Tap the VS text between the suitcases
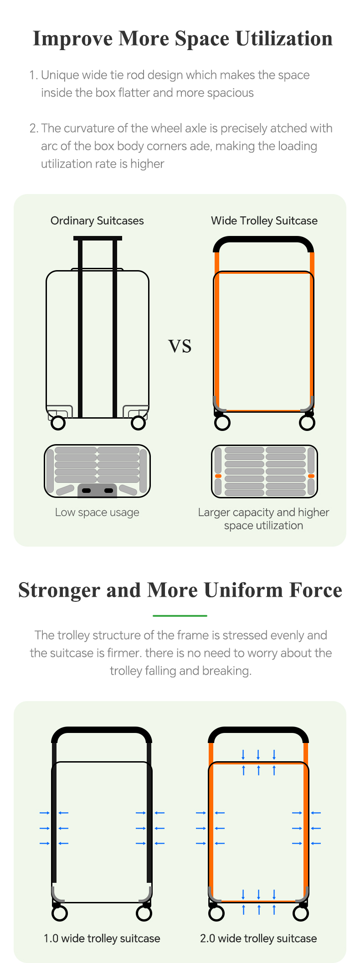[x=180, y=346]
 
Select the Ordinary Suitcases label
[x=97, y=221]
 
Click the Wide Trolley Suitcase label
[x=264, y=221]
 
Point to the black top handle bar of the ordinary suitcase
[x=98, y=238]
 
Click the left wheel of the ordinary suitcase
[x=58, y=423]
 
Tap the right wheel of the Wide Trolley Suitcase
[x=307, y=423]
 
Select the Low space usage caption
[x=97, y=512]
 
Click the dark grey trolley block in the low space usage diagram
[x=98, y=490]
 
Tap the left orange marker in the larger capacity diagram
[x=218, y=476]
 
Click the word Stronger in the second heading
[x=59, y=590]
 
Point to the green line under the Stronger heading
[x=180, y=616]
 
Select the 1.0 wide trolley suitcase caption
[x=102, y=938]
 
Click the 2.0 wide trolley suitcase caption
[x=258, y=938]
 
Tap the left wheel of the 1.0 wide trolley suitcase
[x=60, y=913]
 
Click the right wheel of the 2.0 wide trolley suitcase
[x=301, y=913]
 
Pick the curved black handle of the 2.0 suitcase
[x=258, y=730]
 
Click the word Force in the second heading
[x=316, y=590]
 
